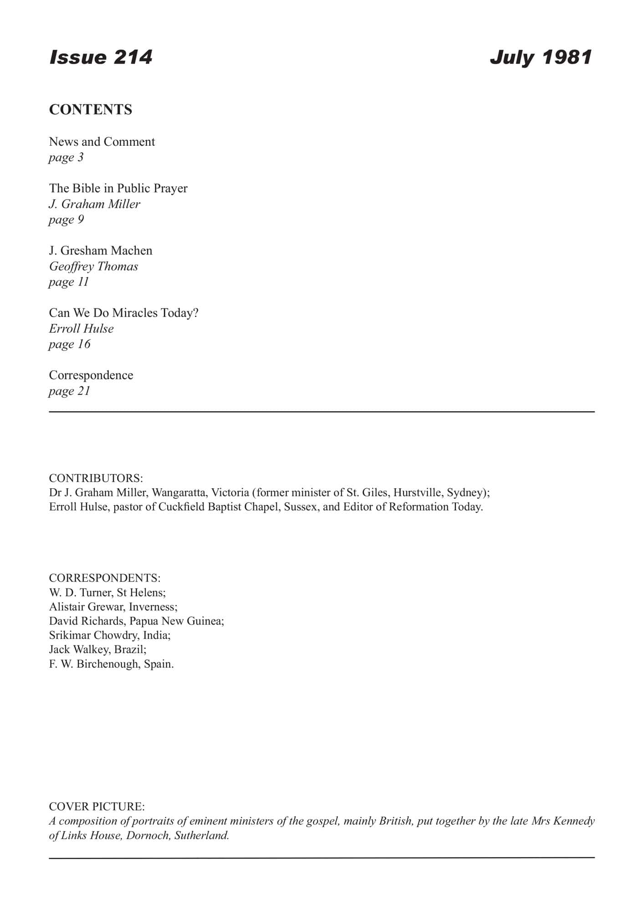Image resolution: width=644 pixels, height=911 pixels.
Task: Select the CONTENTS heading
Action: point(91,110)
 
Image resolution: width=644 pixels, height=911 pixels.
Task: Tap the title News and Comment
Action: point(102,142)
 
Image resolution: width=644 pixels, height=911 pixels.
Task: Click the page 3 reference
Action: point(66,158)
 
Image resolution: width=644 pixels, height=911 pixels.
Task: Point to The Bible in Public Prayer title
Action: point(118,188)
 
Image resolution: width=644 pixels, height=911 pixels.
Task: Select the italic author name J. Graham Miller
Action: point(95,204)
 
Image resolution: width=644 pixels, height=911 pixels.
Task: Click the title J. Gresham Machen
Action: point(101,251)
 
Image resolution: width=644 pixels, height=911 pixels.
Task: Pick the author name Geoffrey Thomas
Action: point(93,266)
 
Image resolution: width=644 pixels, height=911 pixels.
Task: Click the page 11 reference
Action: point(69,282)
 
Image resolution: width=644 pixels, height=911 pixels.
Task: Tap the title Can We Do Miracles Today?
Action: point(124,313)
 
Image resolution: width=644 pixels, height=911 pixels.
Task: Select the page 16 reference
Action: point(70,344)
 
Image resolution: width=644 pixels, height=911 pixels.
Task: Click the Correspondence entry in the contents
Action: point(91,375)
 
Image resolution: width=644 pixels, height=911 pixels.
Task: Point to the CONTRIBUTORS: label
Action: point(96,478)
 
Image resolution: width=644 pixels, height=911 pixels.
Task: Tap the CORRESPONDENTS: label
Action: point(105,578)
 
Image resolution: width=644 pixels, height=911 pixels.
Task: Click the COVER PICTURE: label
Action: point(97,807)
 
